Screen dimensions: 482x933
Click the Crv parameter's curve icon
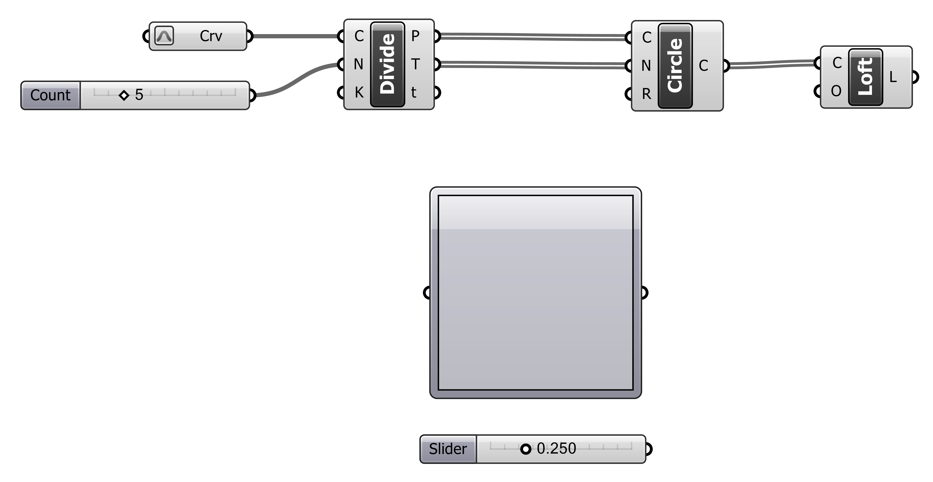164,36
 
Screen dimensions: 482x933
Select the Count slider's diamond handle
124,96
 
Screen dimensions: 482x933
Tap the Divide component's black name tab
387,64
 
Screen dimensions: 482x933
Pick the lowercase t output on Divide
414,93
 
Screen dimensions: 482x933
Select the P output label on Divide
415,36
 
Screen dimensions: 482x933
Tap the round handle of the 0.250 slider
526,449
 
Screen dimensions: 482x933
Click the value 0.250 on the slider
556,449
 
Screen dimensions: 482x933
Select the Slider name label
448,449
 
